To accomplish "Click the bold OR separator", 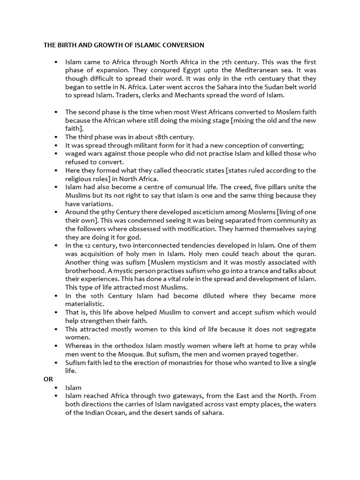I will (x=48, y=379).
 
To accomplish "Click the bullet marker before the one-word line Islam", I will (x=55, y=388).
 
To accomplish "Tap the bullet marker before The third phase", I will (x=55, y=137).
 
